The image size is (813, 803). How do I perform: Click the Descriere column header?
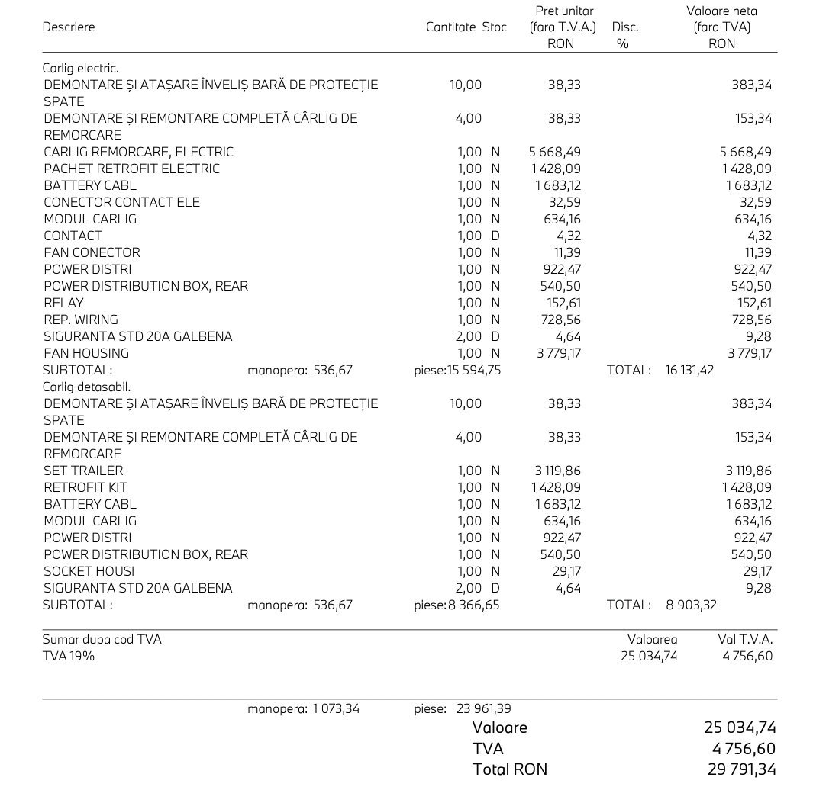tap(69, 27)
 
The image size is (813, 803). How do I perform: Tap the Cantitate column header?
tap(450, 27)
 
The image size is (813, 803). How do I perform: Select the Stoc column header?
tap(494, 27)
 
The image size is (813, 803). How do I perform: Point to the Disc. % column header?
tap(624, 35)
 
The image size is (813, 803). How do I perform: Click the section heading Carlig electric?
tap(80, 68)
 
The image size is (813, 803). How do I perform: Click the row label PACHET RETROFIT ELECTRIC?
tap(131, 169)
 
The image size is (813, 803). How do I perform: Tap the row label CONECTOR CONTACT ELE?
tap(121, 202)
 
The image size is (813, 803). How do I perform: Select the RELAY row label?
tap(63, 303)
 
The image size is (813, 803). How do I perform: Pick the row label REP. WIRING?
tap(80, 320)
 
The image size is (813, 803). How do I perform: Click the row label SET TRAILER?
tap(83, 471)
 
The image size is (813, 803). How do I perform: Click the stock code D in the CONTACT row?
tap(495, 236)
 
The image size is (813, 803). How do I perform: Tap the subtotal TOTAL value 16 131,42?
tap(689, 370)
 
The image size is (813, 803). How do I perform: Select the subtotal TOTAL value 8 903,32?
tap(691, 605)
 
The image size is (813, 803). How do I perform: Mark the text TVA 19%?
tap(69, 656)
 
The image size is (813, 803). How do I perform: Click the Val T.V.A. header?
tap(745, 639)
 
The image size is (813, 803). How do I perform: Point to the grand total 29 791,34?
tap(740, 769)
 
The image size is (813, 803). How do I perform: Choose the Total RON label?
tap(510, 769)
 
